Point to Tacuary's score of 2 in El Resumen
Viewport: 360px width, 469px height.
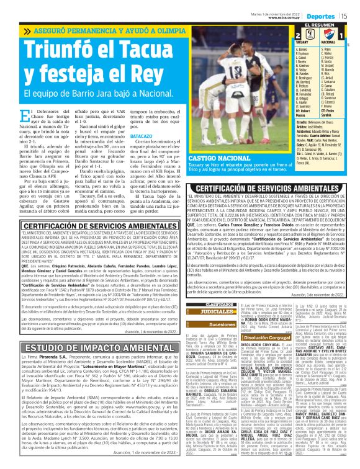(299, 35)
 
